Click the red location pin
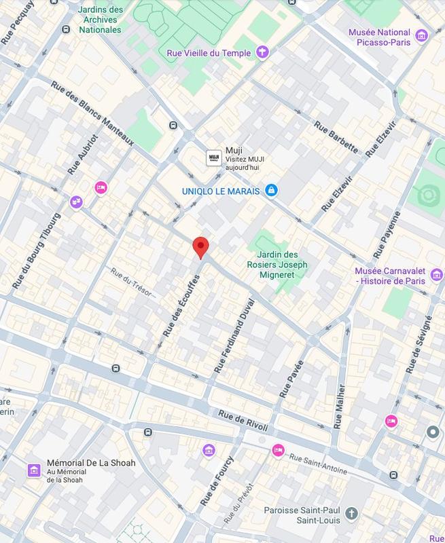click(200, 247)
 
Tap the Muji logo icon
click(214, 157)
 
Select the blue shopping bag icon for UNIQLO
click(271, 191)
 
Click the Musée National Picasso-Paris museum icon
click(422, 35)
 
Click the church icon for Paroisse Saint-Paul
click(351, 513)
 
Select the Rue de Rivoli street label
click(243, 420)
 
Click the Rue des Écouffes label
click(180, 307)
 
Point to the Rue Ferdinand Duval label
click(234, 335)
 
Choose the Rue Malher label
click(340, 407)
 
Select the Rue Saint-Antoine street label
click(319, 465)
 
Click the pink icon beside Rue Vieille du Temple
click(262, 52)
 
